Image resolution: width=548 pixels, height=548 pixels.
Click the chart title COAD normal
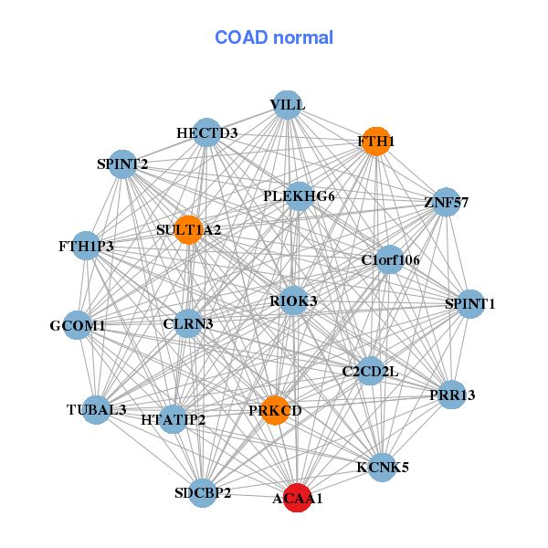point(274,37)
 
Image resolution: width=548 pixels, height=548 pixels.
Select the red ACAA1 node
point(297,498)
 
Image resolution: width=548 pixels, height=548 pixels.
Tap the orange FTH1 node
point(375,142)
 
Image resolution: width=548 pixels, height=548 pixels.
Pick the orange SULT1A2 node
point(189,229)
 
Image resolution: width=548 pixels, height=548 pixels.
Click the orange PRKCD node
point(275,410)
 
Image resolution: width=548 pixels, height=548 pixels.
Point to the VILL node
point(287,104)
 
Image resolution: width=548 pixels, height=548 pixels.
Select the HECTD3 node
point(207,133)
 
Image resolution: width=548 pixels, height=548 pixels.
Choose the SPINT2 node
point(122,164)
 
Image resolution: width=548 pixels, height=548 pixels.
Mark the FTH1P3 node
point(85,246)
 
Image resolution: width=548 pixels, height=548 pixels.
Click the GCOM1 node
point(78,325)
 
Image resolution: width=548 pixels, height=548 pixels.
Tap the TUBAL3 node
point(96,408)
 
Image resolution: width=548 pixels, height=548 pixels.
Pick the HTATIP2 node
point(174,419)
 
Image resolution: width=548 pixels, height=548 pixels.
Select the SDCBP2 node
point(203,493)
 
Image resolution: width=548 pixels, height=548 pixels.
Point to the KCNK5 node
point(382,467)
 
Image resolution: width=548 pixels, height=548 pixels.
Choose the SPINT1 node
point(469,303)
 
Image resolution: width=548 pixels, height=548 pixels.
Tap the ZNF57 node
point(446,202)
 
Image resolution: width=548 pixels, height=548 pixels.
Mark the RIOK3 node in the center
point(293,300)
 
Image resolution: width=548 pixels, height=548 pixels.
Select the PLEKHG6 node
point(299,196)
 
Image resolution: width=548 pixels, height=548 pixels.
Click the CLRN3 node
point(188,323)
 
